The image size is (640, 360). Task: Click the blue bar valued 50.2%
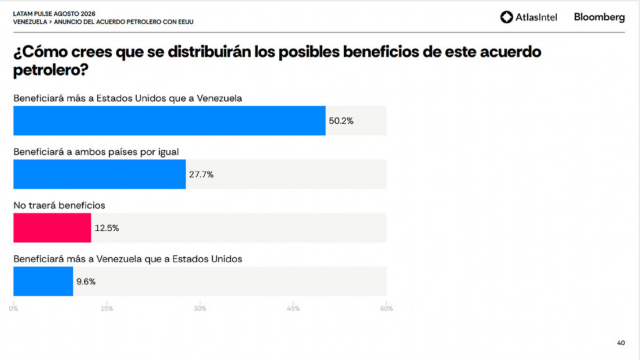169,121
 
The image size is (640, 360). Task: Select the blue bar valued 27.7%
99,174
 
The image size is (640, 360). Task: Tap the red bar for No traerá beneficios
52,228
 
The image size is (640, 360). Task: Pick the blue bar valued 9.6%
43,281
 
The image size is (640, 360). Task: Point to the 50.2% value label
341,121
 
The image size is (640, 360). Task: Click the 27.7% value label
201,174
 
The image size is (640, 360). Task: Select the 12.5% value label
107,228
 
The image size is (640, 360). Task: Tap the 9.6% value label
86,281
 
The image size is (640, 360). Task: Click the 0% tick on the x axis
13,309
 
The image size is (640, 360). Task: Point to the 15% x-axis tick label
106,309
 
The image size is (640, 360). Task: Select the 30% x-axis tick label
200,309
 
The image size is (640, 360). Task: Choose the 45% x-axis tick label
293,309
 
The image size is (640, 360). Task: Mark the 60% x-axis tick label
386,309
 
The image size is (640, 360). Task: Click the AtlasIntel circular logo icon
507,17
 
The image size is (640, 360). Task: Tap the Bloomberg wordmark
599,17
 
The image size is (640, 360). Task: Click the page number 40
621,343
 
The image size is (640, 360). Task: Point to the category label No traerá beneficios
59,205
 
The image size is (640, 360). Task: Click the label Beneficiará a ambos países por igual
97,152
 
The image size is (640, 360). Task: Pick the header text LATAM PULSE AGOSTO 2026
54,14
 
